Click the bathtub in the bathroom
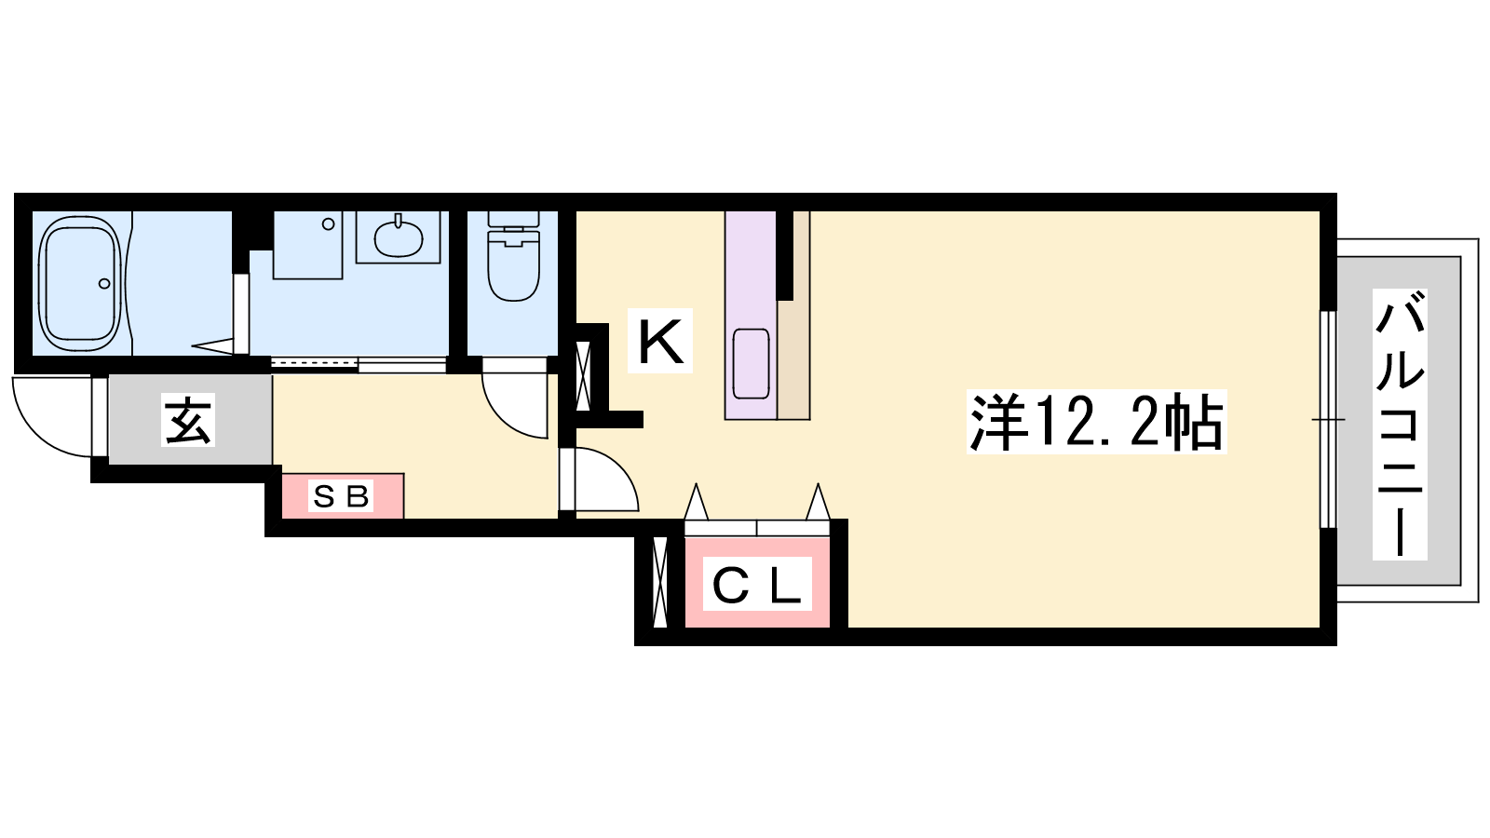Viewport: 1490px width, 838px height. pyautogui.click(x=81, y=283)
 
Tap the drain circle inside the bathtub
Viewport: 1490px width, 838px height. pyautogui.click(x=104, y=283)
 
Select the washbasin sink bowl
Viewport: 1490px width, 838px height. pyautogui.click(x=398, y=238)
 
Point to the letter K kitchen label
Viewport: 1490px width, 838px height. pyautogui.click(x=660, y=342)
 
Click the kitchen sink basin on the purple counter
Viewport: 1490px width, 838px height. pyautogui.click(x=751, y=364)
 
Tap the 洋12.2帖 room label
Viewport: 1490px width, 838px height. pyautogui.click(x=1096, y=422)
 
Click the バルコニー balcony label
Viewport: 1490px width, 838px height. pyautogui.click(x=1401, y=425)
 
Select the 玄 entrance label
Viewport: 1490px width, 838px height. pyautogui.click(x=188, y=420)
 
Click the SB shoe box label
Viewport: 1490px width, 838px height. pyautogui.click(x=341, y=495)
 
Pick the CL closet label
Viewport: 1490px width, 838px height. pyautogui.click(x=757, y=585)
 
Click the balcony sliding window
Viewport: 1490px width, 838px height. pyautogui.click(x=1328, y=420)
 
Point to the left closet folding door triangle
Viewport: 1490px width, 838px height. pyautogui.click(x=696, y=502)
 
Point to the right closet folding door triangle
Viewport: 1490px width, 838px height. pyautogui.click(x=819, y=502)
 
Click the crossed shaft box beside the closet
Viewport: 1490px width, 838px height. pyautogui.click(x=660, y=581)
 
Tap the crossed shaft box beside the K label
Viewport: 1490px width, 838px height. pyautogui.click(x=583, y=375)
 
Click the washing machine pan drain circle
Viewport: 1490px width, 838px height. pyautogui.click(x=328, y=224)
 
